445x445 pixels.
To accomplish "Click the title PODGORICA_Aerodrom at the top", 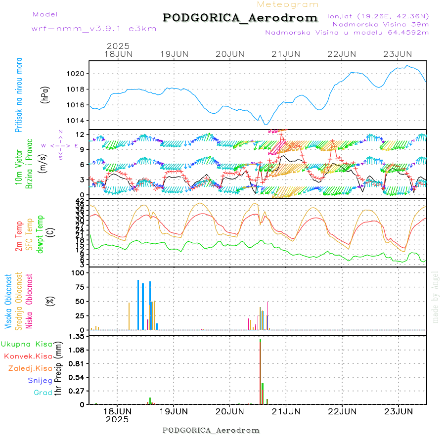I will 240,18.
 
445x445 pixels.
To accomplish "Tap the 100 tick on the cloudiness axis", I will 79,273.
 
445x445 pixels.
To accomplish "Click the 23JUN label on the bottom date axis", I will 399,411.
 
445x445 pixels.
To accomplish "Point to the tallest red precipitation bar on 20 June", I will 260,371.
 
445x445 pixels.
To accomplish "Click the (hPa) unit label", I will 45,95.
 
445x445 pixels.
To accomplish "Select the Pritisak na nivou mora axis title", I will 19,95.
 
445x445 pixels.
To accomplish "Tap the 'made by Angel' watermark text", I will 436,297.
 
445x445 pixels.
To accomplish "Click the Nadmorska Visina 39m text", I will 380,24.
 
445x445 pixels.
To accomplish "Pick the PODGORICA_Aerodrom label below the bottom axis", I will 211,430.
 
